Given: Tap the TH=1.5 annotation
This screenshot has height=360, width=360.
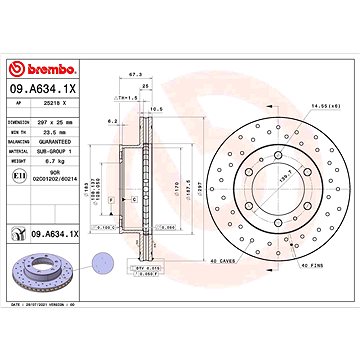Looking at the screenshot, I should (x=127, y=98).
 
